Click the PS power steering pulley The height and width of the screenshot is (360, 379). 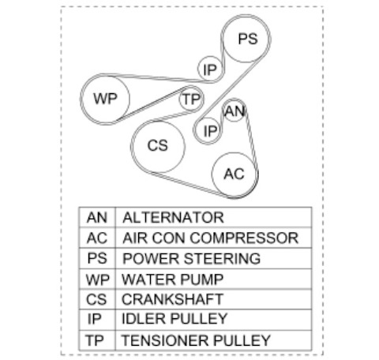pyautogui.click(x=246, y=39)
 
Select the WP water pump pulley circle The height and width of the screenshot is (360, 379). pyautogui.click(x=106, y=99)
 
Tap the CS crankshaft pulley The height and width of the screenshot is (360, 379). pyautogui.click(x=159, y=147)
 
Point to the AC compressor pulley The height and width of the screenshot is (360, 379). pyautogui.click(x=234, y=174)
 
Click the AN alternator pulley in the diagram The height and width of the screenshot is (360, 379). pyautogui.click(x=234, y=111)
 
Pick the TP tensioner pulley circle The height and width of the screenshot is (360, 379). pyautogui.click(x=190, y=99)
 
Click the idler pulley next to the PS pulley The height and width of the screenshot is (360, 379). pyautogui.click(x=210, y=69)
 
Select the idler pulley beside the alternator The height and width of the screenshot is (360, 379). pyautogui.click(x=208, y=130)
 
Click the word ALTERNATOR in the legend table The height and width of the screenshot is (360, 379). pyautogui.click(x=173, y=217)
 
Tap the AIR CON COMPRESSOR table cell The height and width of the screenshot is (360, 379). pyautogui.click(x=213, y=238)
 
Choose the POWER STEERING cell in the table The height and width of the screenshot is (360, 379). pyautogui.click(x=213, y=258)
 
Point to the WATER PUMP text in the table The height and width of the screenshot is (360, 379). pyautogui.click(x=172, y=279)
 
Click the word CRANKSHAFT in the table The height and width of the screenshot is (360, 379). pyautogui.click(x=172, y=299)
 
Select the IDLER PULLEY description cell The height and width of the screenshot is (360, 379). pyautogui.click(x=213, y=320)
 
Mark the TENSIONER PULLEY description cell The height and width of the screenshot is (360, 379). pyautogui.click(x=213, y=340)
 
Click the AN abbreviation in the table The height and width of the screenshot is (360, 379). pyautogui.click(x=97, y=217)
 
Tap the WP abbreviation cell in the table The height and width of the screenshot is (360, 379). pyautogui.click(x=97, y=279)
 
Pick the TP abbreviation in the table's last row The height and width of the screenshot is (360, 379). pyautogui.click(x=94, y=340)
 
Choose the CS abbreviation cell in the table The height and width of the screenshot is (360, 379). pyautogui.click(x=97, y=299)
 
